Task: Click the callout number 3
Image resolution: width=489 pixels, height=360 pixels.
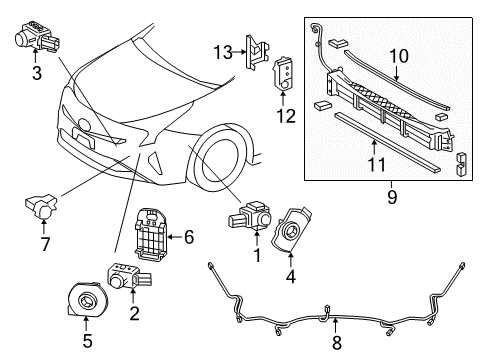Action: click(36, 74)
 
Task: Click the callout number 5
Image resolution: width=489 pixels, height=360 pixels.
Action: click(86, 350)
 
